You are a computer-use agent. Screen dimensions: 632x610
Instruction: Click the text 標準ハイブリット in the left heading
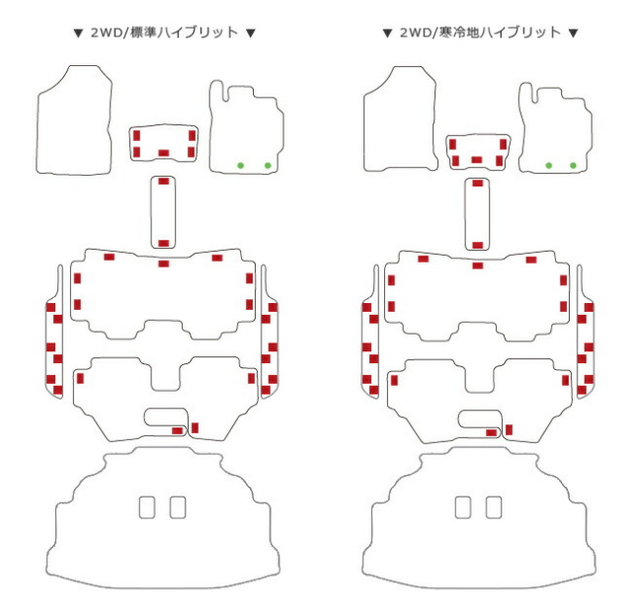185,33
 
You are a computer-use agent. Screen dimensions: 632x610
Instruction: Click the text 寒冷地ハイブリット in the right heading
500,33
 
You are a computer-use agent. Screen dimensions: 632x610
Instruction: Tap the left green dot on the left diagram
241,165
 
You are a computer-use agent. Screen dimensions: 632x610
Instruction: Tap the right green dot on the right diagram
573,165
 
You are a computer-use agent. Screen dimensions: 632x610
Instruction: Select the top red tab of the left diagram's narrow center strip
163,182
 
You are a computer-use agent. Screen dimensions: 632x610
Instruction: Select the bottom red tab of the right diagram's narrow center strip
478,245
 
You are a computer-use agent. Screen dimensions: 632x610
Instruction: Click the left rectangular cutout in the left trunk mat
147,507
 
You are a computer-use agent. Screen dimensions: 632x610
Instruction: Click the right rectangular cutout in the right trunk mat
494,507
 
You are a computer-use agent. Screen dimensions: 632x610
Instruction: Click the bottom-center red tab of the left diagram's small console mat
163,153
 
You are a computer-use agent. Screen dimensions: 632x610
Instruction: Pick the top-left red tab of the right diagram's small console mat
452,144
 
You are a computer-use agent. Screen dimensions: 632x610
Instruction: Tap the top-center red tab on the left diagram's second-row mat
163,264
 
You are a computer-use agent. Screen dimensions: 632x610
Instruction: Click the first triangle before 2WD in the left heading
78,33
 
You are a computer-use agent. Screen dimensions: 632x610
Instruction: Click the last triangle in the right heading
573,33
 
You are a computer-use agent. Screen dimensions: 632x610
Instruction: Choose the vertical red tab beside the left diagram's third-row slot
195,427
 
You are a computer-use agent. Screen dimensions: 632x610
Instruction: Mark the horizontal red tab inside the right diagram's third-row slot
492,432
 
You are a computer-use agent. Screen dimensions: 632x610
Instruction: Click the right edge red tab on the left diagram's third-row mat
251,378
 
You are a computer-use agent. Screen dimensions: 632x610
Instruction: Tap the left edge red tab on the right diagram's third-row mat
394,380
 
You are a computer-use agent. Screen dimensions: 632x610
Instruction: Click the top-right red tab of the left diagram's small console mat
192,135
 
